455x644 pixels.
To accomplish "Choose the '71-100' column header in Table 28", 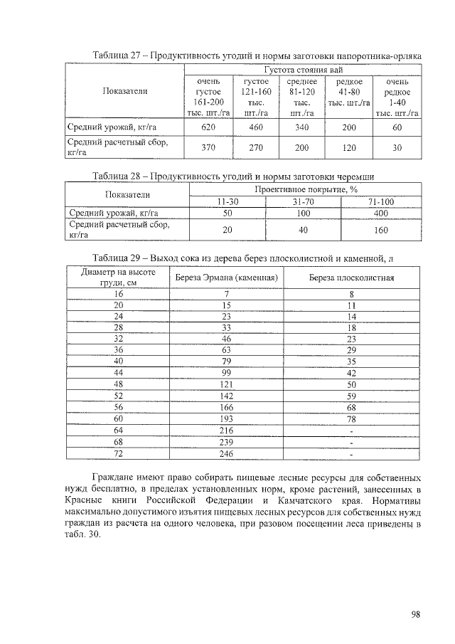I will click(x=381, y=202).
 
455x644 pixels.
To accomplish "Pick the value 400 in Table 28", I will click(x=381, y=213).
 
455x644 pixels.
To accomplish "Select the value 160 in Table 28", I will click(x=381, y=230).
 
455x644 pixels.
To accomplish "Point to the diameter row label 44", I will click(x=118, y=372).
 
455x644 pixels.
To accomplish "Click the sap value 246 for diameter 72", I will click(x=226, y=453).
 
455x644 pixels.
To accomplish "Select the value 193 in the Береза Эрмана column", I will click(x=226, y=419).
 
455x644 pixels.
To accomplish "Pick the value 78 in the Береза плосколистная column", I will click(x=351, y=419).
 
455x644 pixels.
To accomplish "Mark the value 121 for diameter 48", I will click(x=226, y=384).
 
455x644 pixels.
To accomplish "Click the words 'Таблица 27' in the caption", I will click(x=117, y=56).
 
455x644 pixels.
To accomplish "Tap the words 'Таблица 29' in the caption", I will click(x=117, y=257).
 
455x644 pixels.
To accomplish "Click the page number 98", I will click(x=415, y=616).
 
